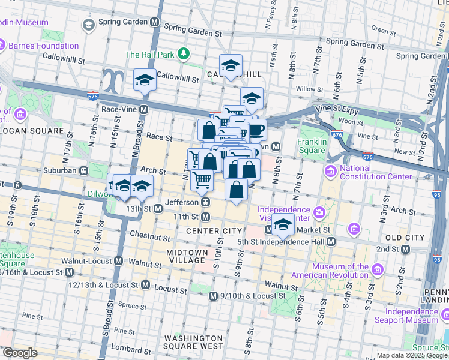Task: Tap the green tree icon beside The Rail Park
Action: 183,55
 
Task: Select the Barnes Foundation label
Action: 43,46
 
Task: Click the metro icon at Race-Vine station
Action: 144,110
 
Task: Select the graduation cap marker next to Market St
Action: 283,225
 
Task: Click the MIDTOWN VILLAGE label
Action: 185,256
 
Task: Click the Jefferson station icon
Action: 205,202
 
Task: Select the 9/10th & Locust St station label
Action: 256,296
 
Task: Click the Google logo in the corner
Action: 19,352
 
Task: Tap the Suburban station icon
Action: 85,170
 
